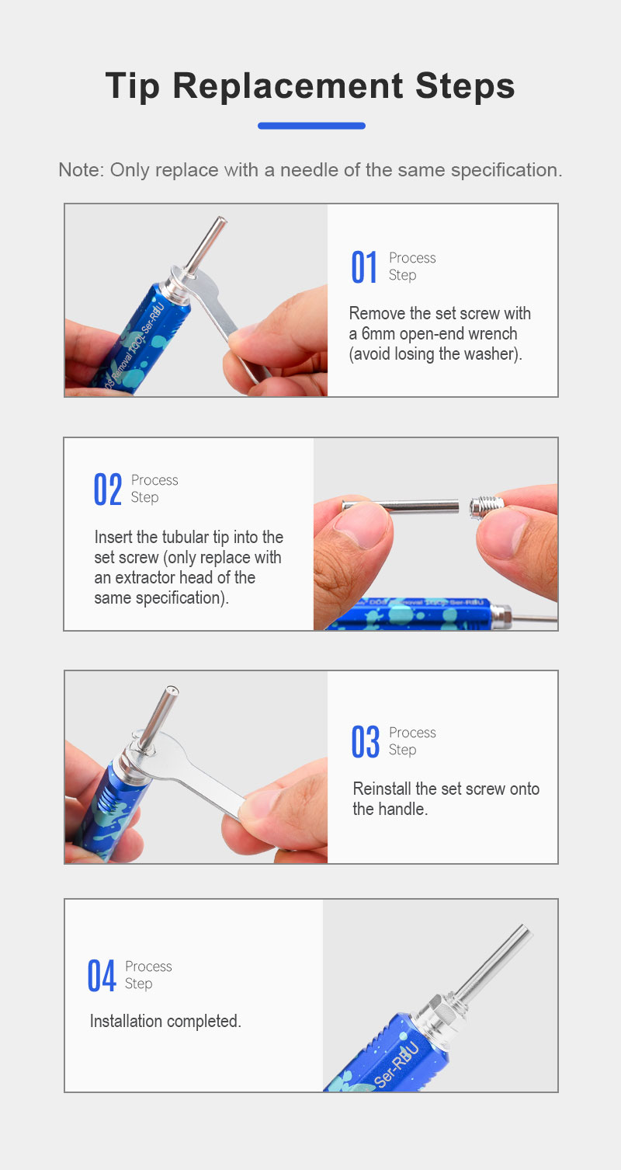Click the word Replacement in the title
pyautogui.click(x=287, y=85)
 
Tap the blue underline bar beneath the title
pyautogui.click(x=311, y=125)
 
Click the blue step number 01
pyautogui.click(x=364, y=267)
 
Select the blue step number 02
pyautogui.click(x=107, y=489)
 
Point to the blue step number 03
pyautogui.click(x=366, y=741)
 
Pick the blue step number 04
pyautogui.click(x=102, y=975)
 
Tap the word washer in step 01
pyautogui.click(x=489, y=353)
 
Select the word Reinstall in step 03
pyautogui.click(x=382, y=789)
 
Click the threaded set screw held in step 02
pyautogui.click(x=487, y=507)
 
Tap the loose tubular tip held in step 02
pyautogui.click(x=401, y=506)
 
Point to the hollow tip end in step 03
pyautogui.click(x=172, y=691)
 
